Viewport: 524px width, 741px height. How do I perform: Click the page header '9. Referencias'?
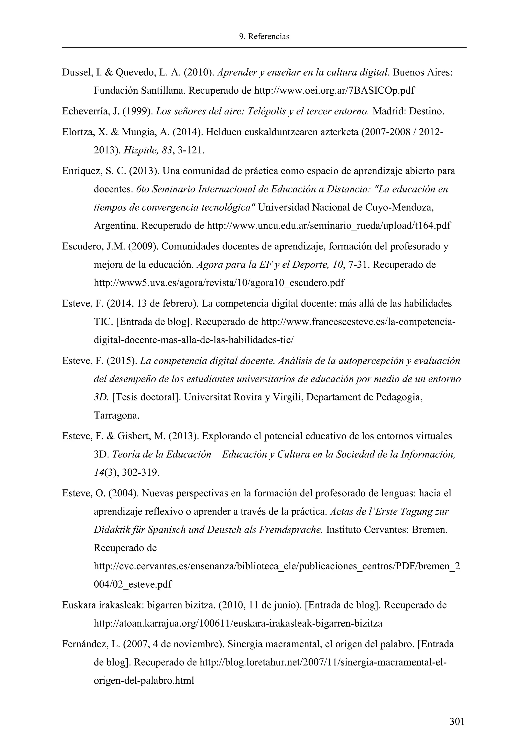click(264, 37)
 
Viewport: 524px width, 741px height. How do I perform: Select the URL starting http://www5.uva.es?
click(219, 283)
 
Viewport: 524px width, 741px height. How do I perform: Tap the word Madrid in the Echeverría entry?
click(385, 112)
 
